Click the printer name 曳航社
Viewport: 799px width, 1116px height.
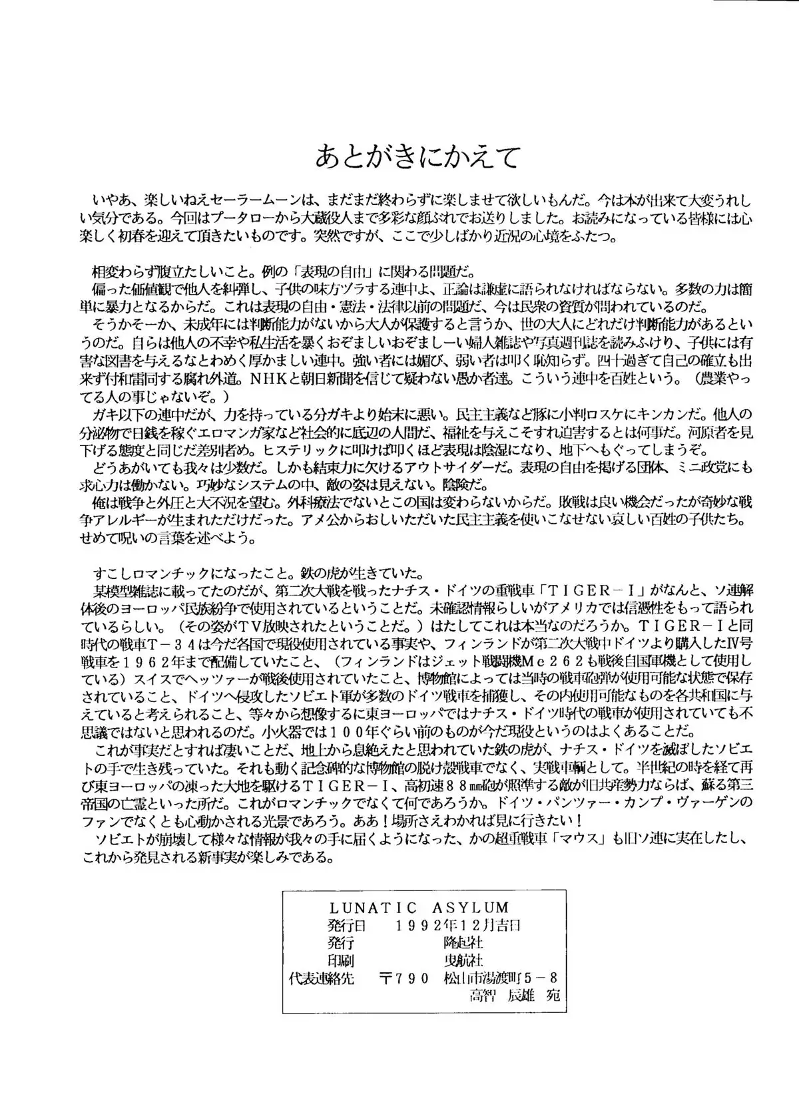463,961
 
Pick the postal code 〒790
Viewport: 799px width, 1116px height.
404,979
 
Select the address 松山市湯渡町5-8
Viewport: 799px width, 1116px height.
499,979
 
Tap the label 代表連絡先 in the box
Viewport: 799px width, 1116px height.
323,979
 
